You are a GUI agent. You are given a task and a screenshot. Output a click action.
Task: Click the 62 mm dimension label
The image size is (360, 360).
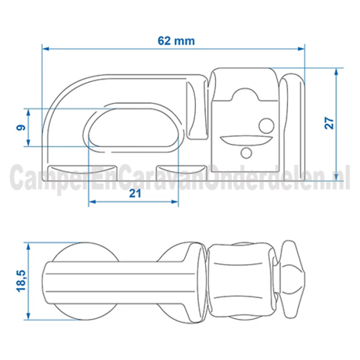tap(177, 41)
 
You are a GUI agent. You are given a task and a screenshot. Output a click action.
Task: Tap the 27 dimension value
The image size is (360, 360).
tap(329, 123)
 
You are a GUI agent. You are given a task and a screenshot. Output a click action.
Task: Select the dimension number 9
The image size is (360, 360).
tap(21, 128)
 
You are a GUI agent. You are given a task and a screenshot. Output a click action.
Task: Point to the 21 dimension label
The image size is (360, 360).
tap(135, 193)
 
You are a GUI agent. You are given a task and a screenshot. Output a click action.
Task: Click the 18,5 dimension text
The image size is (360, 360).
tap(21, 281)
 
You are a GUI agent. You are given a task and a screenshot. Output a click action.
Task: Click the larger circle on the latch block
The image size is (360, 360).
tap(266, 125)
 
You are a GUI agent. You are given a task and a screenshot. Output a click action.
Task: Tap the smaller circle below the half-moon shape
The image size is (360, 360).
tap(246, 153)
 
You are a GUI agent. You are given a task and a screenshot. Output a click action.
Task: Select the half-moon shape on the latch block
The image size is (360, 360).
tap(246, 139)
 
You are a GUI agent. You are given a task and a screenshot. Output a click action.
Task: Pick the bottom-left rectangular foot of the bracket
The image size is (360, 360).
tap(82, 173)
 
